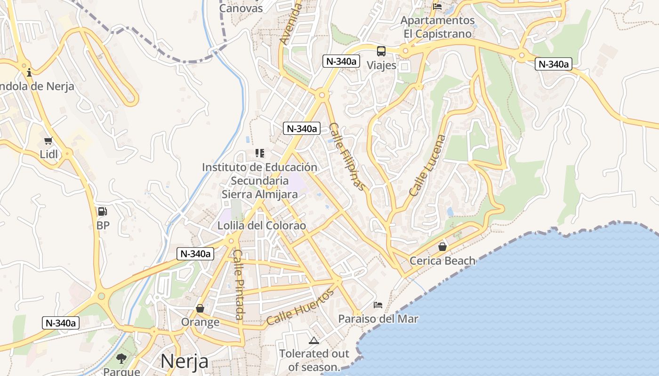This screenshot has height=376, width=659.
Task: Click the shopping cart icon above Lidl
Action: [x=48, y=141]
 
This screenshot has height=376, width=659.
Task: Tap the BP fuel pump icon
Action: [x=103, y=211]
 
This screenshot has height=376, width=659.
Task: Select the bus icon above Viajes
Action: [x=381, y=51]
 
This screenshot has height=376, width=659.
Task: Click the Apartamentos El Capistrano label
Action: [x=438, y=27]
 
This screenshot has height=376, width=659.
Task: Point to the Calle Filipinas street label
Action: [x=347, y=157]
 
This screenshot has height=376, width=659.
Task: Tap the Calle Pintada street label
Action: [x=239, y=284]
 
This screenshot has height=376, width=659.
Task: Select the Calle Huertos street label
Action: [x=300, y=307]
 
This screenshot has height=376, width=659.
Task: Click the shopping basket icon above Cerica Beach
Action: [x=442, y=246]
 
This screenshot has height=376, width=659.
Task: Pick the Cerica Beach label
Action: [x=442, y=260]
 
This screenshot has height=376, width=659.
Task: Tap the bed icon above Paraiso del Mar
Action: [x=378, y=305]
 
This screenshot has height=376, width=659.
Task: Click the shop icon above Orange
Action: [x=200, y=308]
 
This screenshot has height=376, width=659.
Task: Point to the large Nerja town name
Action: [x=185, y=361]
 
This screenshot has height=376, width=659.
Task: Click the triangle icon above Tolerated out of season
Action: [x=313, y=340]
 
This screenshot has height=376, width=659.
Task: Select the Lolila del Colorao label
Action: [x=262, y=226]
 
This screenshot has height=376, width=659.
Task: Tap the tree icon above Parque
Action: [x=121, y=359]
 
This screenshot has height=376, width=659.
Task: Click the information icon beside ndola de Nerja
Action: [x=29, y=72]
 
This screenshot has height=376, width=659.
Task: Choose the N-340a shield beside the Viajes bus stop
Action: [x=341, y=61]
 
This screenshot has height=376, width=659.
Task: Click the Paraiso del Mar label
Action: [x=378, y=319]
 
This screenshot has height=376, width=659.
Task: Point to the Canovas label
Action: [x=241, y=8]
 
